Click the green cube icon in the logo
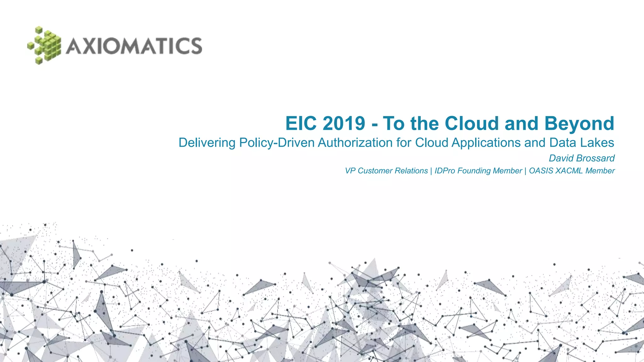(44, 46)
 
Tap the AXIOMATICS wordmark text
(134, 46)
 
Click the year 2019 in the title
(344, 123)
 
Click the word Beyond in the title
(579, 124)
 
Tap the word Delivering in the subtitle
(207, 143)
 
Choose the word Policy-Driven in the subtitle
(277, 143)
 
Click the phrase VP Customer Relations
(386, 171)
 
